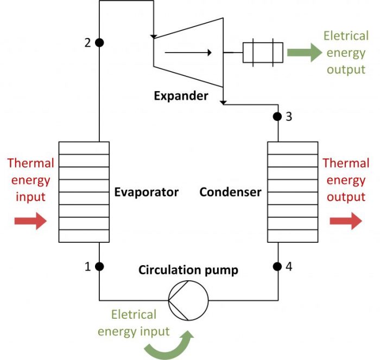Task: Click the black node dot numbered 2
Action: click(99, 43)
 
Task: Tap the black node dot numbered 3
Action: click(277, 117)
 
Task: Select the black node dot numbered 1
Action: click(99, 266)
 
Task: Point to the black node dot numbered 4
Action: click(277, 266)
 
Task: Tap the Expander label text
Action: click(181, 96)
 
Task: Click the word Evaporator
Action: click(147, 192)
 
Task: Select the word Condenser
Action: click(230, 192)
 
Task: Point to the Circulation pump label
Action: click(188, 270)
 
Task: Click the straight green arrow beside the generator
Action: click(305, 52)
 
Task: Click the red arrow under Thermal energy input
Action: click(30, 221)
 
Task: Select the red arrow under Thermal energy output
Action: click(346, 221)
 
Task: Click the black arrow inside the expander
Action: click(188, 52)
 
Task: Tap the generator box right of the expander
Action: click(263, 53)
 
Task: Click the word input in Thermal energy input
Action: click(30, 197)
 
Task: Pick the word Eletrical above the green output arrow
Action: click(346, 36)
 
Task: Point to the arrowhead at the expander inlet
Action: click(154, 36)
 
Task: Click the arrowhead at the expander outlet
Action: click(223, 102)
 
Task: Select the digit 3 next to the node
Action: click(289, 117)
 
